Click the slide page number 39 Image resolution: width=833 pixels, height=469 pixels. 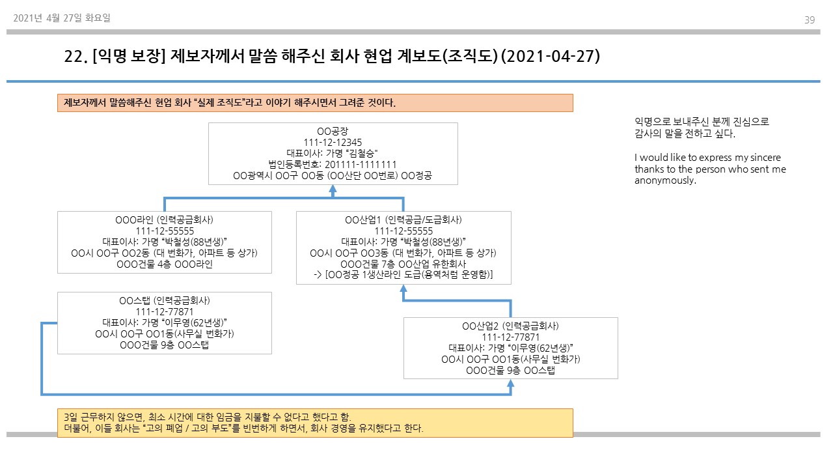pos(810,20)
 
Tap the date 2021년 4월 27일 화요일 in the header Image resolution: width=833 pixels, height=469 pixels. pos(62,18)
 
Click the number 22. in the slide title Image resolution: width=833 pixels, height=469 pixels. pos(76,57)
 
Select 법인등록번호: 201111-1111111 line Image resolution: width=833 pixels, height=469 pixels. pos(333,165)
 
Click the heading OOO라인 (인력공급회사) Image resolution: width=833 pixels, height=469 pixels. pos(165,220)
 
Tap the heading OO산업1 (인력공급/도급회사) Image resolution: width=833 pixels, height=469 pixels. pos(403,220)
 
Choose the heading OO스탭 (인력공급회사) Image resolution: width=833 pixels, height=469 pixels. pos(165,300)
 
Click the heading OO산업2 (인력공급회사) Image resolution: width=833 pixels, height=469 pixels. pos(510,326)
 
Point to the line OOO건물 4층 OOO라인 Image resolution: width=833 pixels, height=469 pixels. pos(165,264)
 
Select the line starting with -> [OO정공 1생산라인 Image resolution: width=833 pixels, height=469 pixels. pos(403,275)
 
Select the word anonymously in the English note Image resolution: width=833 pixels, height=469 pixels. pos(665,180)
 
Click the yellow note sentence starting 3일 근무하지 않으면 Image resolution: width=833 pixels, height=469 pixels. pos(208,417)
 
